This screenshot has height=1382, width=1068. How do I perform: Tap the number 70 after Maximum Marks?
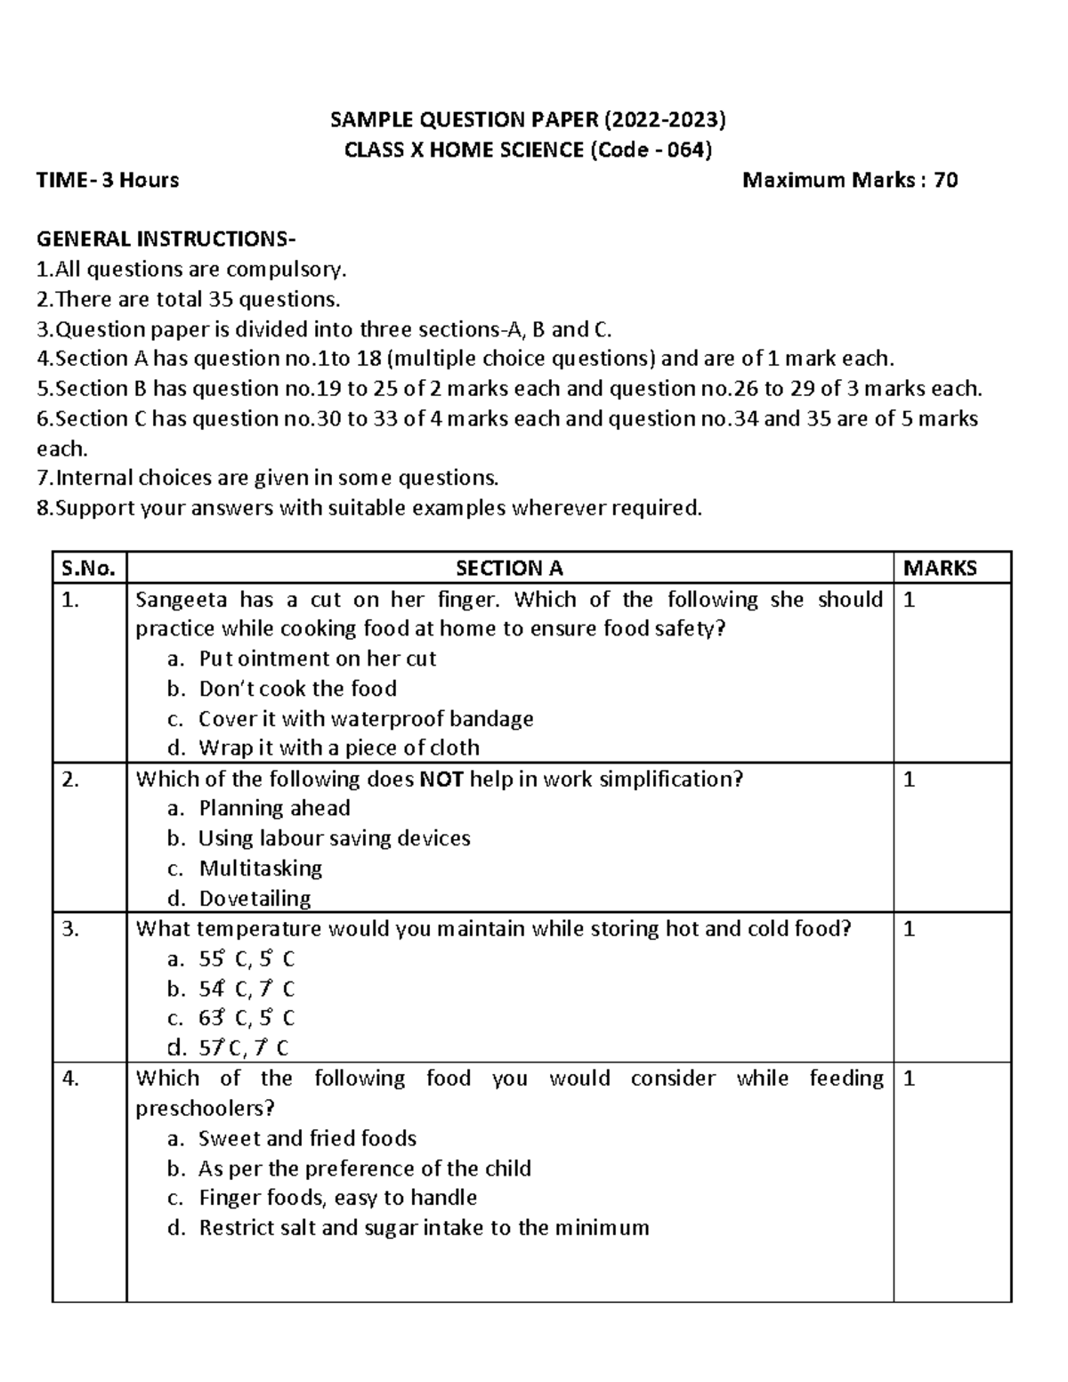(x=945, y=180)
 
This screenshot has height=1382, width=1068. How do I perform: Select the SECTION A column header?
(x=509, y=568)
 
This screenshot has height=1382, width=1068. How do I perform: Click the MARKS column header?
(x=940, y=568)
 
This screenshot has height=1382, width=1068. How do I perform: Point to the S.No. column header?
(x=89, y=568)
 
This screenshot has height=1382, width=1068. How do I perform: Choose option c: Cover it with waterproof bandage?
(x=365, y=718)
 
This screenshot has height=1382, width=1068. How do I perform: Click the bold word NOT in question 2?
(x=441, y=779)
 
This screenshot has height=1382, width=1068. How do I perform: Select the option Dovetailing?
(x=255, y=898)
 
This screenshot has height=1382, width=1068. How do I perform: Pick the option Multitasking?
(x=260, y=868)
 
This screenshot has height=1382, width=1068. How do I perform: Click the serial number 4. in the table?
(x=72, y=1079)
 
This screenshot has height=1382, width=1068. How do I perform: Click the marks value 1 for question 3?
(x=909, y=929)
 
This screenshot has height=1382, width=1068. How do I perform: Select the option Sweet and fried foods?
(x=307, y=1138)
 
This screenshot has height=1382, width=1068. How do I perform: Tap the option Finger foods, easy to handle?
(x=337, y=1198)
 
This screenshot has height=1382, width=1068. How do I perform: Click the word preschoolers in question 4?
(x=204, y=1109)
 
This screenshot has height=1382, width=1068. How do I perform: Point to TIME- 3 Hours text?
(x=108, y=180)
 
